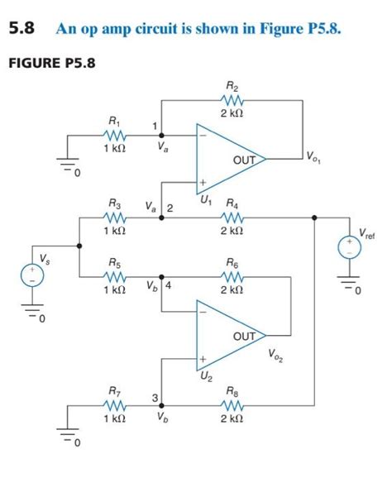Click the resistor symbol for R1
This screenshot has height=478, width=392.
pos(114,134)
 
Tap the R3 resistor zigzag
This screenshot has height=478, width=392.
pos(114,217)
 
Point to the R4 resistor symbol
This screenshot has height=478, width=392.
pos(232,217)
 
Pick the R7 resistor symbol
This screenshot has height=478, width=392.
pos(114,405)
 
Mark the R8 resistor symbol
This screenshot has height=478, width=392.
pos(232,405)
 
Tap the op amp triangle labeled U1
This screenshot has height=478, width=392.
pos(227,157)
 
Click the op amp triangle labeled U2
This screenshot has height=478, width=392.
pos(227,337)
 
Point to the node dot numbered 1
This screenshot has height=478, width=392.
pos(160,134)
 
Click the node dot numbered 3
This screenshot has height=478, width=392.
pos(160,405)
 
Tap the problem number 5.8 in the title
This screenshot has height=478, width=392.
pos(25,30)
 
